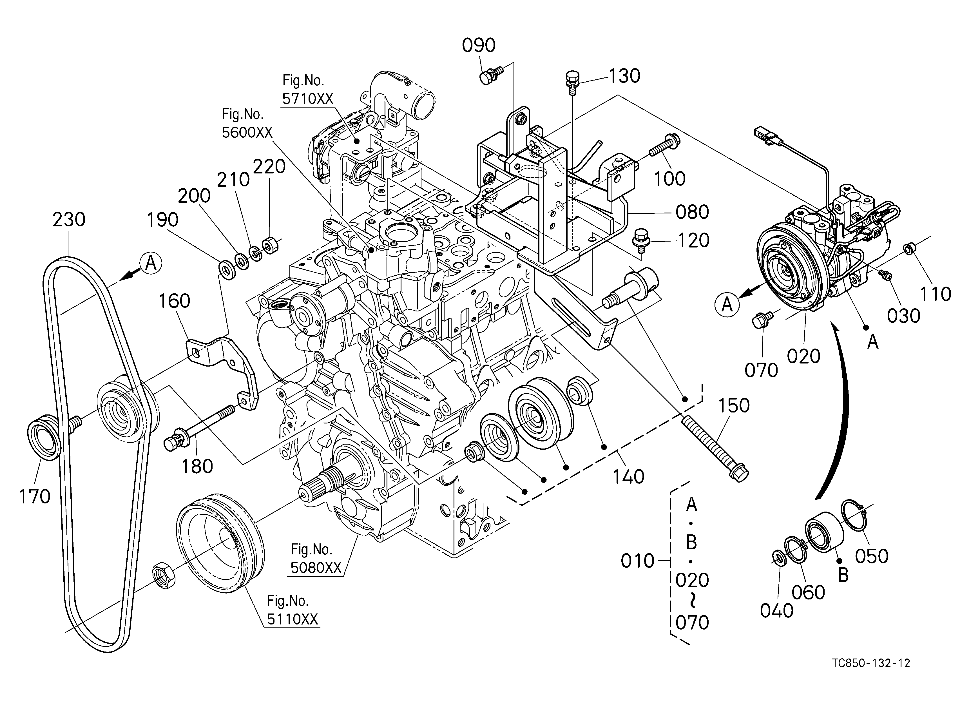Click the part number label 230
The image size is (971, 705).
[69, 220]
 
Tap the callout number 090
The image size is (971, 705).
[479, 45]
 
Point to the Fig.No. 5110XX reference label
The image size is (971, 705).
[293, 610]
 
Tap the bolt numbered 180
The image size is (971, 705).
[200, 428]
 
